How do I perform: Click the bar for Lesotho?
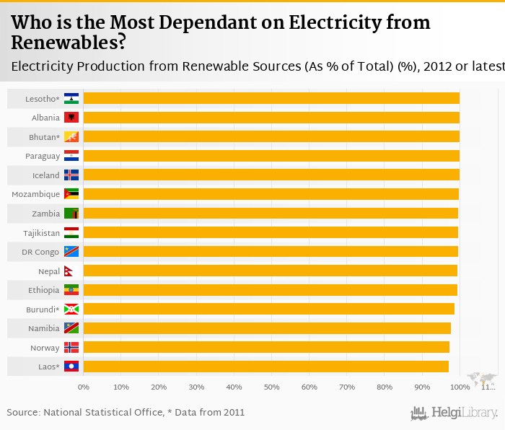[271, 98]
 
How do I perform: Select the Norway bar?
[266, 347]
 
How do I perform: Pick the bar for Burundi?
[269, 309]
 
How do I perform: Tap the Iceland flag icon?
[71, 175]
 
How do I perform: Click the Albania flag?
[71, 118]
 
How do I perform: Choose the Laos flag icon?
[71, 367]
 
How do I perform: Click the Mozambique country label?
[35, 194]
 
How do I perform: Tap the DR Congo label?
[40, 252]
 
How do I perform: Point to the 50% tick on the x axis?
[271, 387]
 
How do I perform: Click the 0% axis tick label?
[84, 387]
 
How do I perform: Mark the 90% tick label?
[422, 387]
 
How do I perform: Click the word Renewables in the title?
[69, 43]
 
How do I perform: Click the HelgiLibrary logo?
[454, 413]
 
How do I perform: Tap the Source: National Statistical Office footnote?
[126, 413]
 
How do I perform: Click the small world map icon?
[482, 378]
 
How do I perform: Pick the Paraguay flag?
[71, 156]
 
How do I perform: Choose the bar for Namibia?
[267, 328]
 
